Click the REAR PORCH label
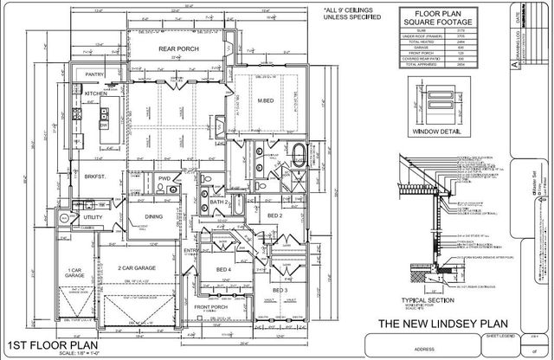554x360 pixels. [177, 49]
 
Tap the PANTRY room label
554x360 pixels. [93, 74]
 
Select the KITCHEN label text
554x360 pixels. [94, 93]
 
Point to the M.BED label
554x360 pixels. [267, 102]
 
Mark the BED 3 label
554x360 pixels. [279, 290]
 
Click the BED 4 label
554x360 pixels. [224, 269]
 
